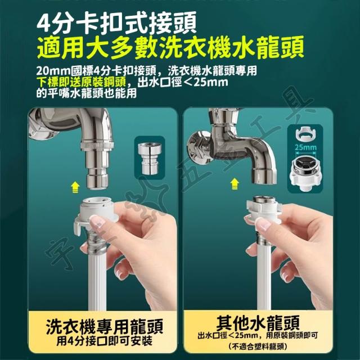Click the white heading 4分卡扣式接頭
pyautogui.click(x=116, y=23)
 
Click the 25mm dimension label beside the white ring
pyautogui.click(x=305, y=147)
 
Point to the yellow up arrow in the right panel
pyautogui.click(x=234, y=184)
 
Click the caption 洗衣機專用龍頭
pyautogui.click(x=105, y=326)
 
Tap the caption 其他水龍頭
pyautogui.click(x=258, y=322)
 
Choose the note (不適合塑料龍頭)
pyautogui.click(x=258, y=346)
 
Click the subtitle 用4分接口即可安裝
pyautogui.click(x=105, y=341)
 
